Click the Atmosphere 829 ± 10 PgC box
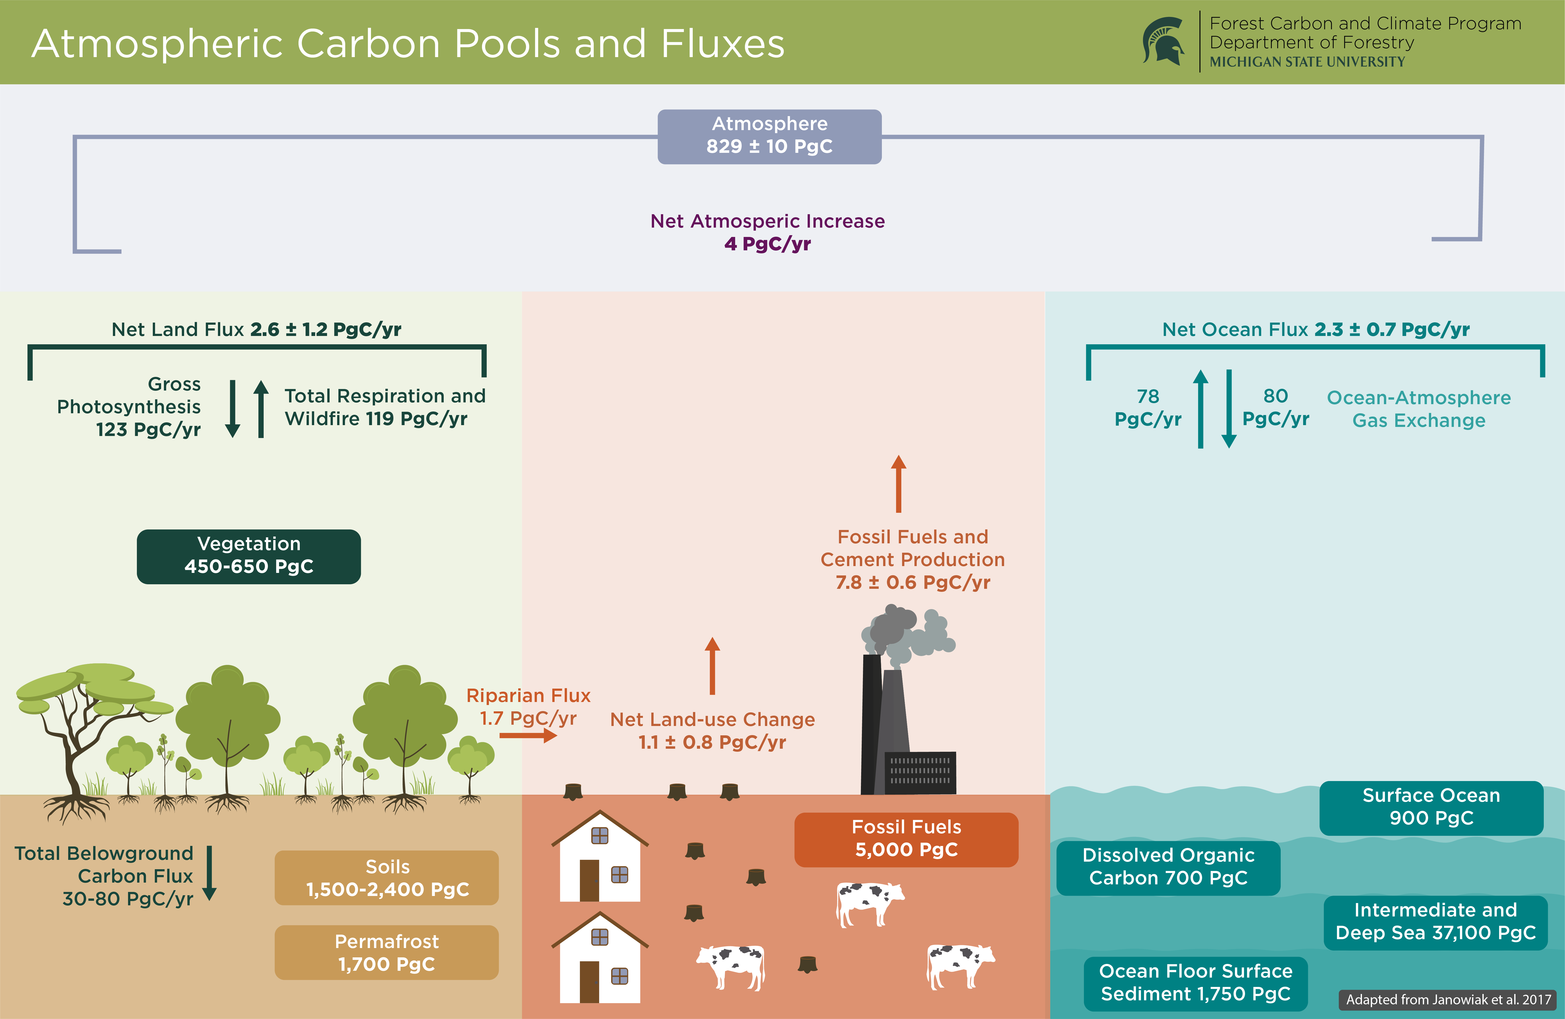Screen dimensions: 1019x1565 [769, 136]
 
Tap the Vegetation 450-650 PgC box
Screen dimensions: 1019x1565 [249, 556]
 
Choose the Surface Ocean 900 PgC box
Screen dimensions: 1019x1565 [1431, 807]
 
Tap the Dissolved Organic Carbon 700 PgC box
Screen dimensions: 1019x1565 [1168, 867]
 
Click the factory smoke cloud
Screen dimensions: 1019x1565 [907, 632]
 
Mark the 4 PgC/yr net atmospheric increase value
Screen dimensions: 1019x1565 [767, 244]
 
